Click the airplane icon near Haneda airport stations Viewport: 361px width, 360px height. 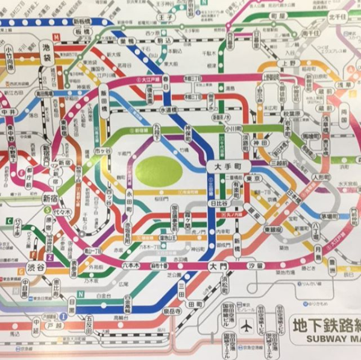pyautogui.click(x=246, y=326)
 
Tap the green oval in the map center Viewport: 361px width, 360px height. pyautogui.click(x=159, y=170)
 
